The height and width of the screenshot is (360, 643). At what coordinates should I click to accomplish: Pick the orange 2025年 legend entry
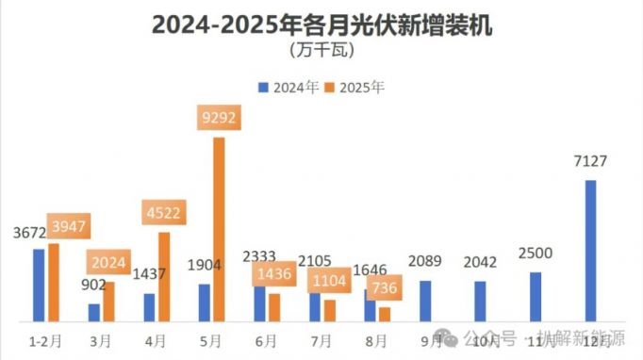coord(354,88)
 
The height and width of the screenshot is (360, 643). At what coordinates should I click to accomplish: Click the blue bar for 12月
coord(591,250)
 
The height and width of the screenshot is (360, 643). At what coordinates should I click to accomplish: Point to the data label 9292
coord(219,118)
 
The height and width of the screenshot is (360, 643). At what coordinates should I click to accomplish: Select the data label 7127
coord(590,161)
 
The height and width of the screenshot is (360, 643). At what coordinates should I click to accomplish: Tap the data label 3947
coord(69,225)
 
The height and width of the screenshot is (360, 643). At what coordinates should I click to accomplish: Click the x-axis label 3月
coord(102,338)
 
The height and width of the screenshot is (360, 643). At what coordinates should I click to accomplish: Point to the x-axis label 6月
coord(267,338)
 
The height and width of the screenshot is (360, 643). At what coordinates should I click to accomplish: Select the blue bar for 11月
coord(536,296)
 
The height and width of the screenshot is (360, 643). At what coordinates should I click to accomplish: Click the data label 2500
coord(535,254)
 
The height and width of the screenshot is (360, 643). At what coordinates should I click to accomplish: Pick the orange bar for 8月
coord(385,314)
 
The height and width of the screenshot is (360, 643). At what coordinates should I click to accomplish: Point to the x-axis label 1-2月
coord(46,338)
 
